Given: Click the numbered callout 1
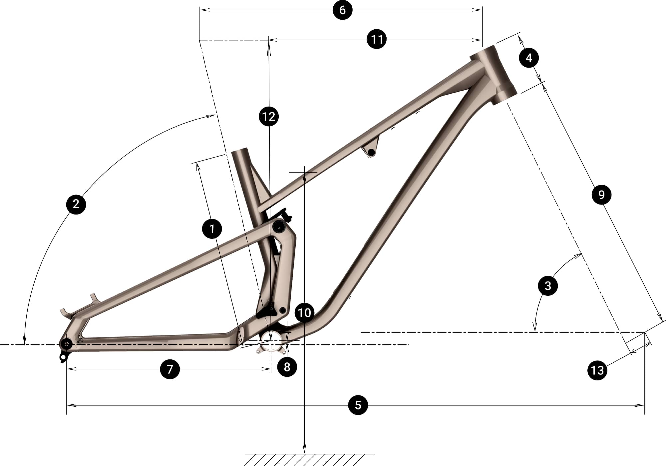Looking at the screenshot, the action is [x=212, y=229].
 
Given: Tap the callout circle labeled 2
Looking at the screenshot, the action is [x=76, y=204].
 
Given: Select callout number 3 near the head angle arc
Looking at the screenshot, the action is [x=548, y=285].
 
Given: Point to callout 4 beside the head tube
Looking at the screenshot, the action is [x=529, y=58].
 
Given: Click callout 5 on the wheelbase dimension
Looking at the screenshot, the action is [x=358, y=405].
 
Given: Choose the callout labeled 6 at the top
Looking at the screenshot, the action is [x=342, y=10].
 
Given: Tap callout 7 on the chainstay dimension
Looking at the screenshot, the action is [x=170, y=369].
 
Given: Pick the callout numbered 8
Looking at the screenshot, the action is [x=287, y=367].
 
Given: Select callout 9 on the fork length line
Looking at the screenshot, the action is [x=601, y=195].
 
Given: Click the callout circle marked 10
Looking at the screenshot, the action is [x=304, y=313].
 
